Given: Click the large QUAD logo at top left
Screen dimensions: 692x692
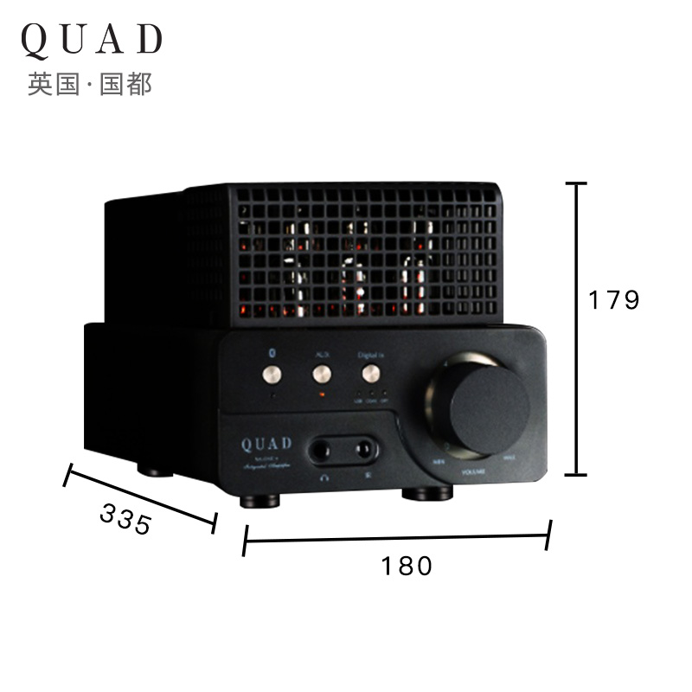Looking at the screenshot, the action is (91, 40).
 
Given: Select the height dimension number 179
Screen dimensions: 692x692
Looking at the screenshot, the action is (613, 300).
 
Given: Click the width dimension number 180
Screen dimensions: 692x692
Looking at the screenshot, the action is (406, 566).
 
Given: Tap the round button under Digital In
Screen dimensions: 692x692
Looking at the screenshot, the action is (371, 374).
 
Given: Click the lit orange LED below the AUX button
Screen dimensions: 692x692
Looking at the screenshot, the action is (322, 395).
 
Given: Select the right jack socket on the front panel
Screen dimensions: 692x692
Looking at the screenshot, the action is (364, 450).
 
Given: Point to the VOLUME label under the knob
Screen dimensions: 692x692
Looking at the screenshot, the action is (474, 471).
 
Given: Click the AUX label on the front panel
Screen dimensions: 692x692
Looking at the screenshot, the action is (321, 354).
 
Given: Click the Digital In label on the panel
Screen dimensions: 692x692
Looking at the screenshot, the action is (369, 354).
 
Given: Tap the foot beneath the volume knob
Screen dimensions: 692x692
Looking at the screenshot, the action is (427, 494).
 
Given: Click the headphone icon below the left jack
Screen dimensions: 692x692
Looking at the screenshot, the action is (325, 474).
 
